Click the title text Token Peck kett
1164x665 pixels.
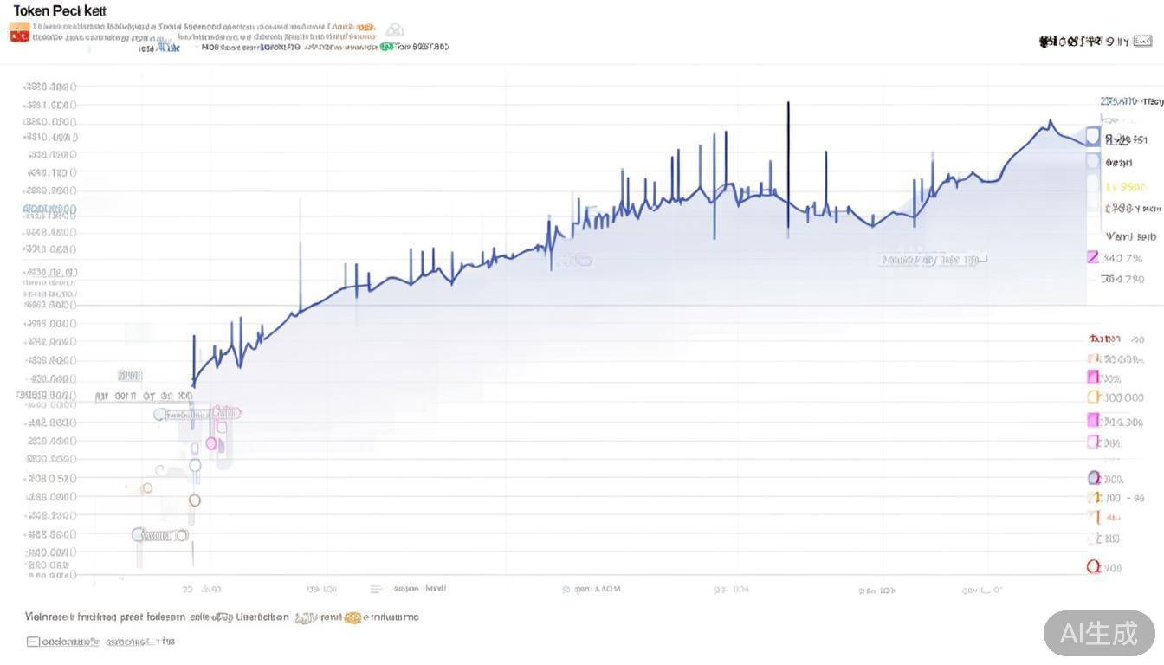[x=60, y=11]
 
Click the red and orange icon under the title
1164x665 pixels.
[x=18, y=33]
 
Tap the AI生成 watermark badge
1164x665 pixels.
[x=1099, y=633]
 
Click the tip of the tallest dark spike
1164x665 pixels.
[x=788, y=103]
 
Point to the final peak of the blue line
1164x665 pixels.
[x=1050, y=121]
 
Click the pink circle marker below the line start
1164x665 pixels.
[x=211, y=443]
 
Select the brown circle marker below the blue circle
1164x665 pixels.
[x=195, y=500]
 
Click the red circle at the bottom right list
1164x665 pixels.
[x=1093, y=567]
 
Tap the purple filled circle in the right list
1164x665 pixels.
[x=1093, y=478]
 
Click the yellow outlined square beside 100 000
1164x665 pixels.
[x=1093, y=397]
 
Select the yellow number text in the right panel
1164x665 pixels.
[x=1127, y=187]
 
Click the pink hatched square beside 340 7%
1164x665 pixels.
[x=1093, y=257]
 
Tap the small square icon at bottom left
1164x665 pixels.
[x=33, y=642]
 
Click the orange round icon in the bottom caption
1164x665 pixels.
[x=352, y=618]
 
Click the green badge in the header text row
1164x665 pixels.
[x=385, y=47]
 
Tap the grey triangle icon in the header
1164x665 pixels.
[x=395, y=29]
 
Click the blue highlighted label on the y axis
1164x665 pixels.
[x=49, y=210]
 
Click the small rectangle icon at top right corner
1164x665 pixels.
[x=1143, y=41]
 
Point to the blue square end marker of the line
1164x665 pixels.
[x=1093, y=136]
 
